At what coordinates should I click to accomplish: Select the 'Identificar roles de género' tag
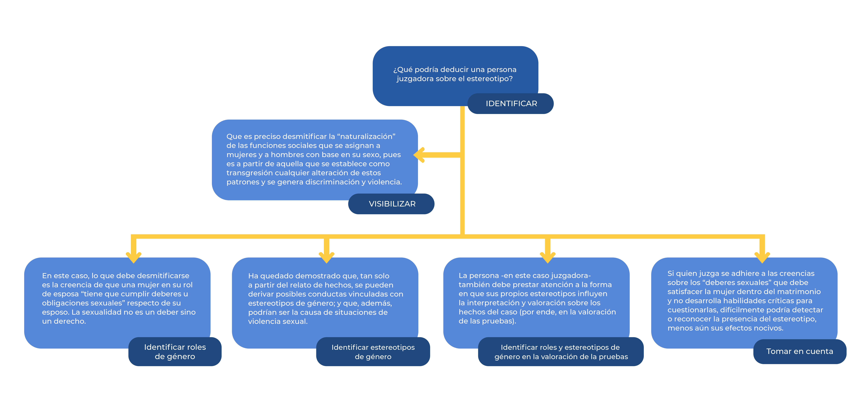[175, 352]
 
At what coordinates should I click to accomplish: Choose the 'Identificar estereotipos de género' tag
[373, 352]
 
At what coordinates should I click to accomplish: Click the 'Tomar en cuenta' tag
[800, 351]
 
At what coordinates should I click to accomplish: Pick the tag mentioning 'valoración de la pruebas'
[561, 352]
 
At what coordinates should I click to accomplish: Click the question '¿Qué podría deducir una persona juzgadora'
[455, 74]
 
